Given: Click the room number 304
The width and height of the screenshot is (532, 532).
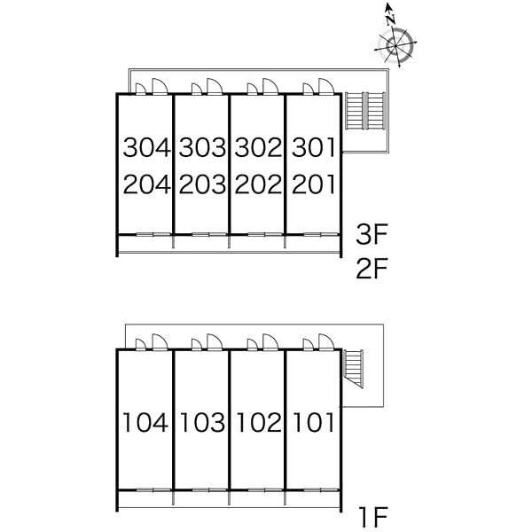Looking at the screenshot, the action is click(146, 147).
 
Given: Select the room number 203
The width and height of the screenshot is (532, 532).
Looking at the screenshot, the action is click(202, 184).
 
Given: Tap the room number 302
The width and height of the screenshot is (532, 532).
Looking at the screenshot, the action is click(258, 147).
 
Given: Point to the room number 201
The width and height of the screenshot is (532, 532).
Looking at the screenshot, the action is click(314, 184).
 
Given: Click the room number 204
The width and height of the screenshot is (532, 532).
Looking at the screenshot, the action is click(146, 184).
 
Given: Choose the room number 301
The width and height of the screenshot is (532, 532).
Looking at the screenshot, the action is click(314, 147).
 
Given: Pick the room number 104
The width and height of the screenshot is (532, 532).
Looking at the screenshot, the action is click(145, 422).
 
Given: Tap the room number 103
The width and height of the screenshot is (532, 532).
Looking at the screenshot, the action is click(202, 422).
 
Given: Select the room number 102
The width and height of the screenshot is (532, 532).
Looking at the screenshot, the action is click(259, 422).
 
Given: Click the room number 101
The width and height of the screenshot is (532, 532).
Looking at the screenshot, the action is click(314, 422).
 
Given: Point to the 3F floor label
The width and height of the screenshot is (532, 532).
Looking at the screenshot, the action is click(372, 234).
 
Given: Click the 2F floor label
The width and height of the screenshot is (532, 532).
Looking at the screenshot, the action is click(372, 269).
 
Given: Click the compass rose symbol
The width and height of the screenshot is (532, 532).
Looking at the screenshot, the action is click(395, 46).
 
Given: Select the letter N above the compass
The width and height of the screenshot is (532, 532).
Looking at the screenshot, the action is click(391, 20).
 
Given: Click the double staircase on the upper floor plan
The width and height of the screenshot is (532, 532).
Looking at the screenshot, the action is click(365, 111).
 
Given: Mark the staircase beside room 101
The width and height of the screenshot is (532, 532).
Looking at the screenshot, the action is click(354, 369).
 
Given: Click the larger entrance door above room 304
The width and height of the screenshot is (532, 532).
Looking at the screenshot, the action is click(160, 86).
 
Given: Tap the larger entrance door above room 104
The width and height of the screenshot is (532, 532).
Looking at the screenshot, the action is click(160, 341).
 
